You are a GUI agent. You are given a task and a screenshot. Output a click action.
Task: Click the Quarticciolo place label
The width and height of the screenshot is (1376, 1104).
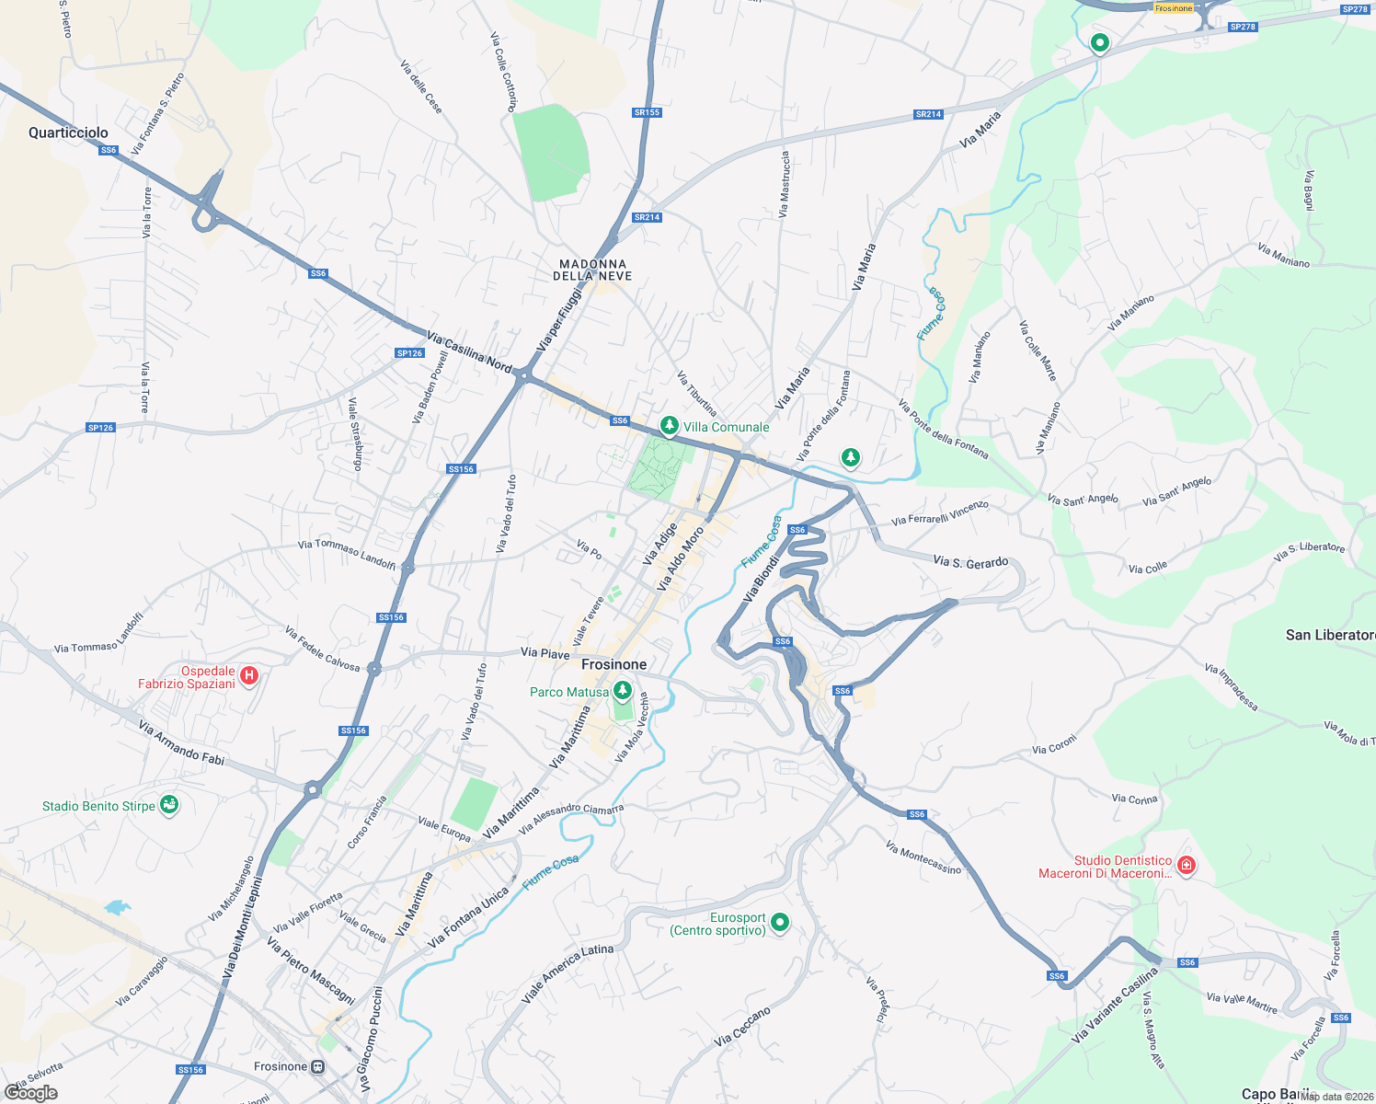pos(68,132)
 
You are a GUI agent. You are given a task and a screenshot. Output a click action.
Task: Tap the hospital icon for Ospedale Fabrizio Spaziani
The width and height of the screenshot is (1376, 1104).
pos(248,677)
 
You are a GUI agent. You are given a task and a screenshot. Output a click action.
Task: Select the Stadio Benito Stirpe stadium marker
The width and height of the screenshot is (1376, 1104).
pos(168,805)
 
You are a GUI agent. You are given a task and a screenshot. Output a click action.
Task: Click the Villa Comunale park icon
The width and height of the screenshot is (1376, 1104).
pos(670,426)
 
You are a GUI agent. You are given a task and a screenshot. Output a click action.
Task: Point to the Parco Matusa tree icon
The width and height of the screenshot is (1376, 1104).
pos(623,690)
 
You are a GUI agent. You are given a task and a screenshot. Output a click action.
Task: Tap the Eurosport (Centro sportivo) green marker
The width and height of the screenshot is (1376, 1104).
pos(780,922)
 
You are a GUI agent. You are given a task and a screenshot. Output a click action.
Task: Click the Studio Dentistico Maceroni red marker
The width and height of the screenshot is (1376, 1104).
pos(1187,866)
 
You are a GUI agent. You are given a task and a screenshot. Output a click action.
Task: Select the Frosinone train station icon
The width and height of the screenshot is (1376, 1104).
pos(317,1067)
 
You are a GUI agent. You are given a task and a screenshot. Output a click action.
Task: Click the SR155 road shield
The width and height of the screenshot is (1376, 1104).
pos(647,112)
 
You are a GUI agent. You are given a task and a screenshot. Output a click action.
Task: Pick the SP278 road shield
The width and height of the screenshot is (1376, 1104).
pos(1355,9)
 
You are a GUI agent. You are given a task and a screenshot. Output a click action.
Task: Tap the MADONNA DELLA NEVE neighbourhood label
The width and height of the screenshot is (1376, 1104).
pos(592,270)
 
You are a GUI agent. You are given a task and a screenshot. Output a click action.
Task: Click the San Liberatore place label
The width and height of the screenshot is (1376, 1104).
pos(1330,635)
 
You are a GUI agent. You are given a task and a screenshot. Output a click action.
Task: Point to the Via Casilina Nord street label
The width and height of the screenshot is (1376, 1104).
pos(469,352)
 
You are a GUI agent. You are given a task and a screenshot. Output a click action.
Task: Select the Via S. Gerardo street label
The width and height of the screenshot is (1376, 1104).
pos(970,561)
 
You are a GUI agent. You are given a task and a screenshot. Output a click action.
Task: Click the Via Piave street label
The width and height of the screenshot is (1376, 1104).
pos(545,653)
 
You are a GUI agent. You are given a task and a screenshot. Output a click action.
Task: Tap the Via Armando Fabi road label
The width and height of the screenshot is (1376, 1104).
pos(181,742)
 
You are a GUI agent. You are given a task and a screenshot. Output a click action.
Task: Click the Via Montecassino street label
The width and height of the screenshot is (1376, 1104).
pos(923,857)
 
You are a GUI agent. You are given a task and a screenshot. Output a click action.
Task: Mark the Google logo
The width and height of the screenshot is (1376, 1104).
pos(30,1093)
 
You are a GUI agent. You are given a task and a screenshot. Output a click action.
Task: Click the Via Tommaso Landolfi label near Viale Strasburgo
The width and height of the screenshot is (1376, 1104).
pos(346,553)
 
